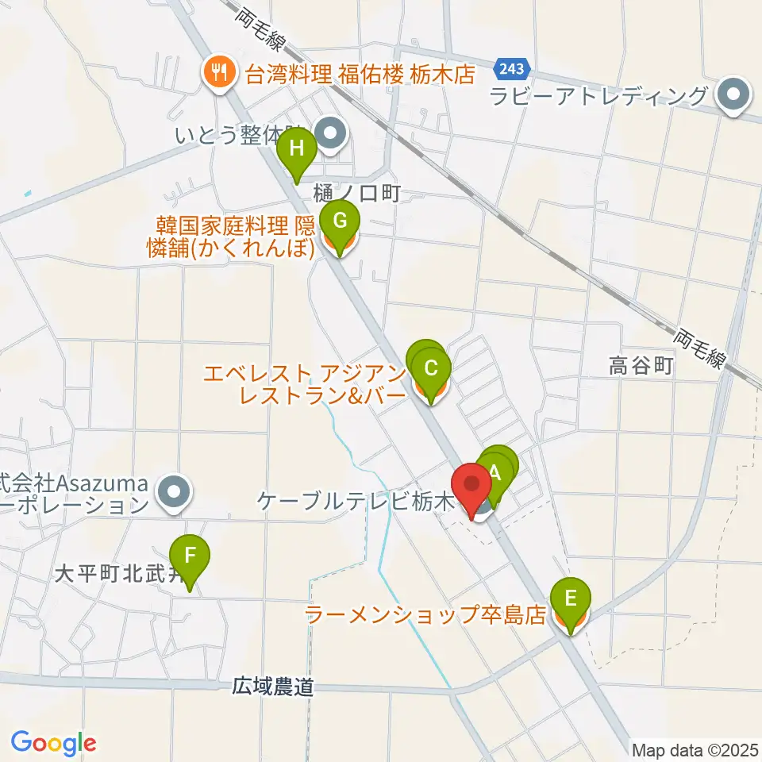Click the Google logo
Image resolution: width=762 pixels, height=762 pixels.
[53, 743]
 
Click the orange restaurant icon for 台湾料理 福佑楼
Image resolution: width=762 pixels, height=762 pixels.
[217, 74]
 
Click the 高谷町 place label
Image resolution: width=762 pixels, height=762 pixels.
[641, 366]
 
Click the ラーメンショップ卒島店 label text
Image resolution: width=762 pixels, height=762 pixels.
[426, 615]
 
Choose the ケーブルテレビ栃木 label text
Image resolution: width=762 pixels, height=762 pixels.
[355, 502]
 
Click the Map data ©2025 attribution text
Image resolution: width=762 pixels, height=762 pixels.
[695, 749]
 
